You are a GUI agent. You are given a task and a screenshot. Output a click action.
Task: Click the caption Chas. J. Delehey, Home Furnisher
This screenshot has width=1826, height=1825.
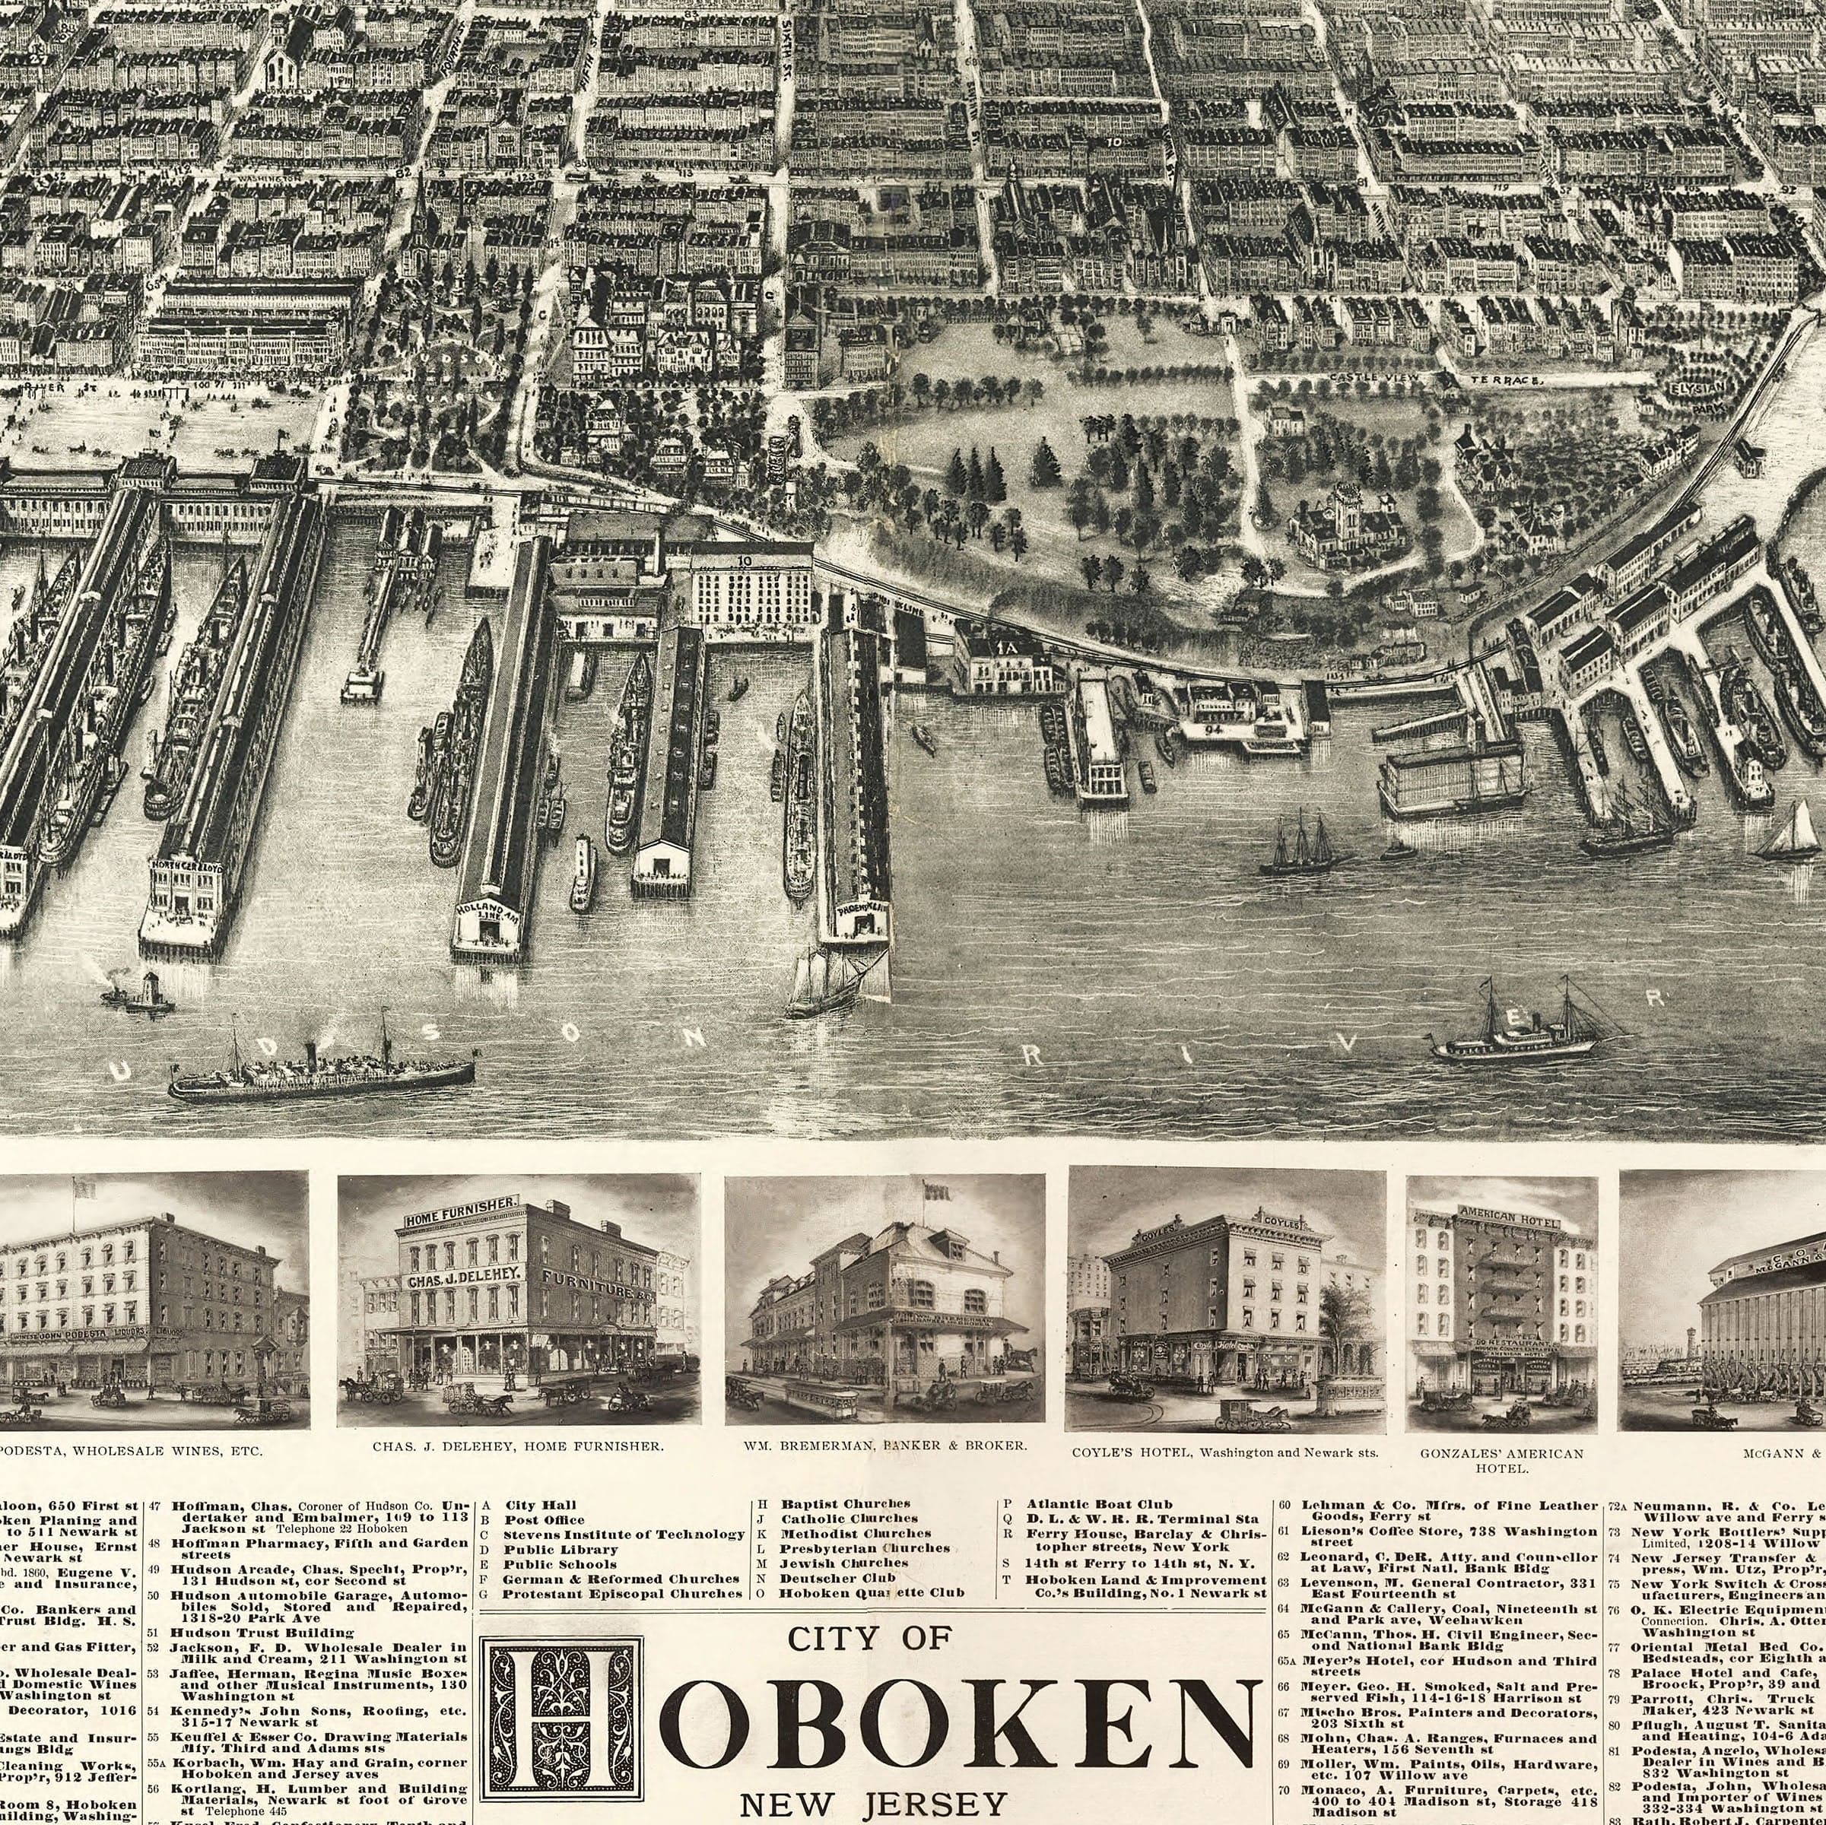point(518,1447)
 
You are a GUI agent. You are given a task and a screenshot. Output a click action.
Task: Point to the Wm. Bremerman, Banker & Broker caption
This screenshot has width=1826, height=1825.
point(884,1447)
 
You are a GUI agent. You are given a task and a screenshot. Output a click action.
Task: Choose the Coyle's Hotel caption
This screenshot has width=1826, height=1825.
point(1225,1452)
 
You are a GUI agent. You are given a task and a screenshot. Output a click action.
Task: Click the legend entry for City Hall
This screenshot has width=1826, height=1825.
point(540,1505)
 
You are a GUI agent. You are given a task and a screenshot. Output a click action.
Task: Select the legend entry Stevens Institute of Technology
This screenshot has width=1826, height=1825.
point(624,1534)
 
